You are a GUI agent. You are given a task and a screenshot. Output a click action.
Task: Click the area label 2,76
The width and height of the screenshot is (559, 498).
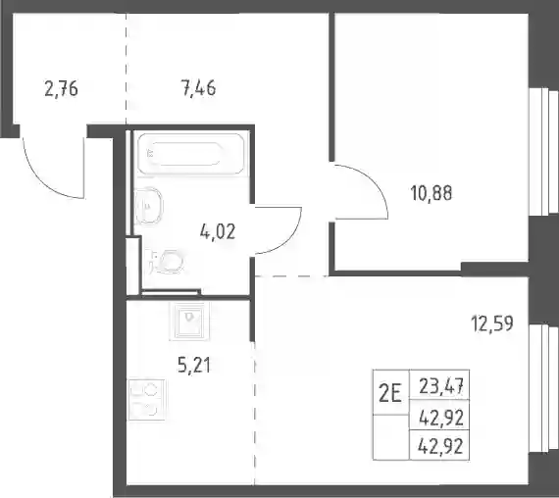62,89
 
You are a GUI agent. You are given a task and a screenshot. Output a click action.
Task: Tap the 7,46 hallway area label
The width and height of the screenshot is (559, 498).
198,88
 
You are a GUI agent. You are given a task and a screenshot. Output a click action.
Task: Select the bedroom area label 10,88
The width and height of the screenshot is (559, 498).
432,193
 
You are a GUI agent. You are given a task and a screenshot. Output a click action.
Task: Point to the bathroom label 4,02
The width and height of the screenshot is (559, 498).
218,232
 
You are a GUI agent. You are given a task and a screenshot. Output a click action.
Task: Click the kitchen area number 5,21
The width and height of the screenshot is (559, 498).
194,366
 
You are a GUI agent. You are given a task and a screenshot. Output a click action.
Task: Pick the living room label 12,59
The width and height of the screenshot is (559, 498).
492,324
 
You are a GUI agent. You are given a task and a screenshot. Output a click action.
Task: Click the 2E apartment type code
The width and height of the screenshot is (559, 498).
390,395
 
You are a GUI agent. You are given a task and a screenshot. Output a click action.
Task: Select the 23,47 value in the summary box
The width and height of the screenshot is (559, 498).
441,386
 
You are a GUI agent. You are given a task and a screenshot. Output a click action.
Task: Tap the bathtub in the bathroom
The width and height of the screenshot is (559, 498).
191,154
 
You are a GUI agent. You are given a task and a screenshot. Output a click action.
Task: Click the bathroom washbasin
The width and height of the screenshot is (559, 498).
148,206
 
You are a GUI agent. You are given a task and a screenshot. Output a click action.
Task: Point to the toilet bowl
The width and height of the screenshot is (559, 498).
167,262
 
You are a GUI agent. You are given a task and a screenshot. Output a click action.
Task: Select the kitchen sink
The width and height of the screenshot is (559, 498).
189,322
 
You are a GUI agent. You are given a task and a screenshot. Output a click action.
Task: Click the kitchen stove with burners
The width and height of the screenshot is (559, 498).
147,399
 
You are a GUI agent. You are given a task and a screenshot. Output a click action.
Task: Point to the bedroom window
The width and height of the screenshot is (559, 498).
543,151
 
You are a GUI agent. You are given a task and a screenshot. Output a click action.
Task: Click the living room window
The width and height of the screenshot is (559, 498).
543,388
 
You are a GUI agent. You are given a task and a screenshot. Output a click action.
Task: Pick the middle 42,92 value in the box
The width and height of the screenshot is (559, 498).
441,418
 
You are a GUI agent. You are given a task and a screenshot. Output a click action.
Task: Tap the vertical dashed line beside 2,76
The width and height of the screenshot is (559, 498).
127,68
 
